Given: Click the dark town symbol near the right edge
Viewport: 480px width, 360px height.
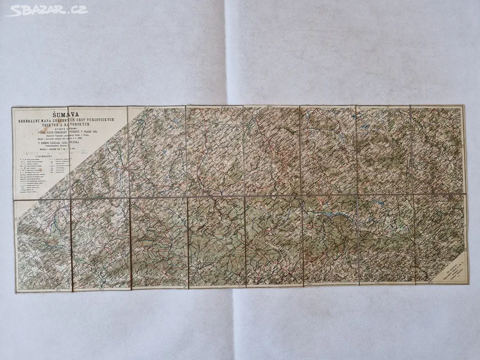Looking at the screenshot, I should coord(451,198).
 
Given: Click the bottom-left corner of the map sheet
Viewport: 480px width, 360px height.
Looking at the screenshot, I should coord(16,292).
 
